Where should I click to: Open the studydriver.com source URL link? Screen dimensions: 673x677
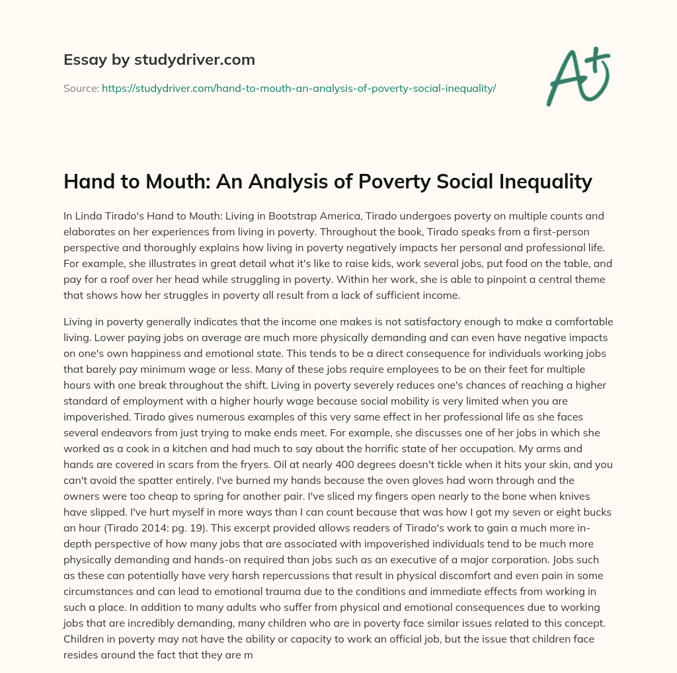click(299, 87)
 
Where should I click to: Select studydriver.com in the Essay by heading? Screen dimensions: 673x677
click(194, 60)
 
